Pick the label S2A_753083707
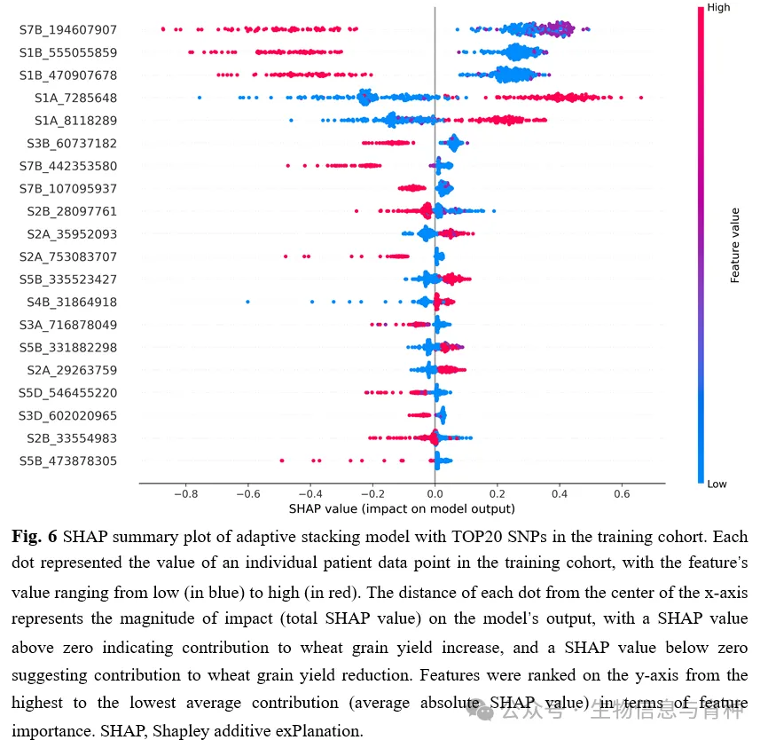pyautogui.click(x=68, y=256)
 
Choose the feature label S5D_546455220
pyautogui.click(x=68, y=392)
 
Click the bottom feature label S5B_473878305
pyautogui.click(x=68, y=461)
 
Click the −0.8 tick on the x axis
pyautogui.click(x=184, y=493)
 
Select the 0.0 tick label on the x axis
pyautogui.click(x=435, y=493)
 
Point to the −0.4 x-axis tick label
pyautogui.click(x=310, y=493)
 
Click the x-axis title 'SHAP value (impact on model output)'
pyautogui.click(x=402, y=509)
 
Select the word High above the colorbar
pyautogui.click(x=718, y=8)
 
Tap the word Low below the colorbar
pyautogui.click(x=717, y=484)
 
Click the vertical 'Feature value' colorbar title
pyautogui.click(x=735, y=245)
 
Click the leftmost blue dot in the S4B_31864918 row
pyautogui.click(x=247, y=302)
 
